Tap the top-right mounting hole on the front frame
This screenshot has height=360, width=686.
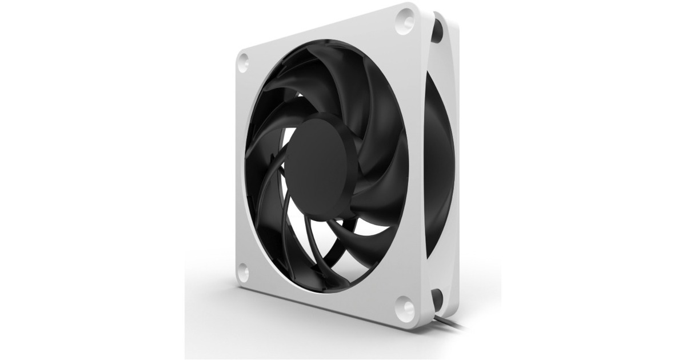tap(405, 21)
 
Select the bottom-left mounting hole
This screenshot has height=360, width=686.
tap(243, 271)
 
